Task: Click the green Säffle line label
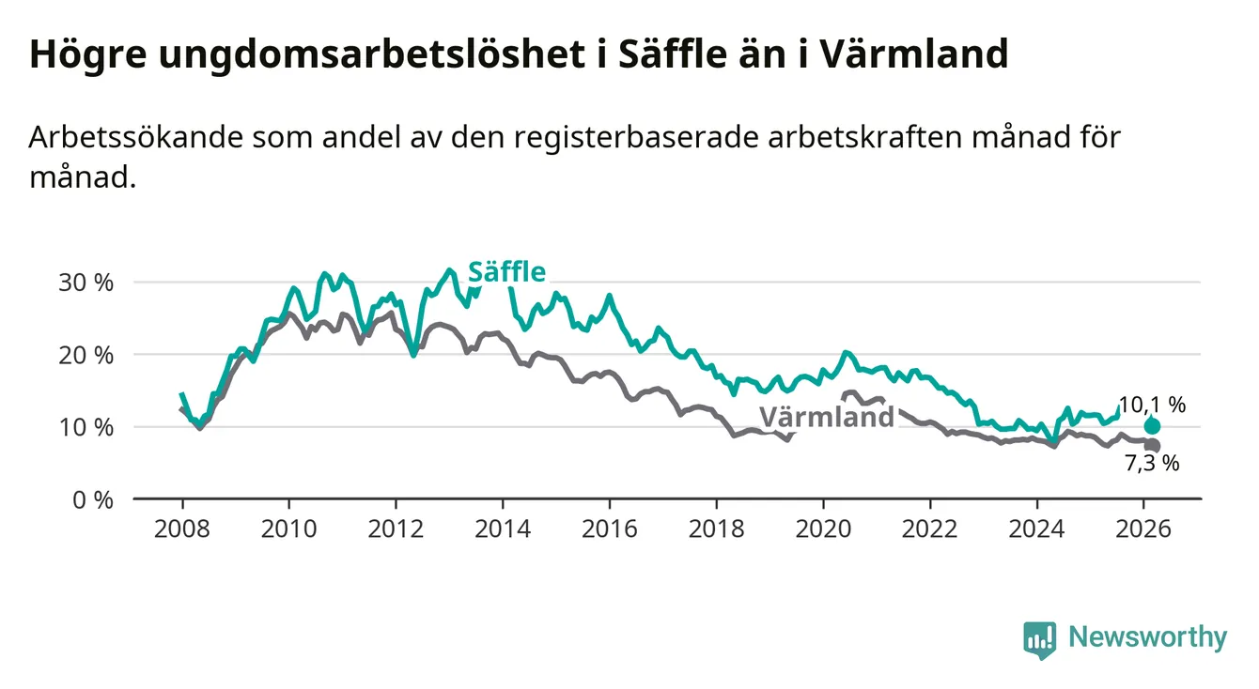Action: pyautogui.click(x=507, y=272)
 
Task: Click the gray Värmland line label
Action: pyautogui.click(x=827, y=417)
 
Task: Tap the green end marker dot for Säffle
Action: pyautogui.click(x=1152, y=426)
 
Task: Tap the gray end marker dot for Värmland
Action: pyautogui.click(x=1152, y=445)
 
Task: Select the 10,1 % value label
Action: pyautogui.click(x=1152, y=406)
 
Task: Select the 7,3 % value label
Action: pyautogui.click(x=1152, y=463)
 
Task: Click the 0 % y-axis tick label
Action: pyautogui.click(x=92, y=499)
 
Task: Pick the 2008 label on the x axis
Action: pyautogui.click(x=182, y=528)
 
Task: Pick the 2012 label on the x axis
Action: pyautogui.click(x=396, y=528)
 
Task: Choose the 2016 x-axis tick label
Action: pyautogui.click(x=610, y=528)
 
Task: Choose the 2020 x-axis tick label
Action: pyautogui.click(x=823, y=528)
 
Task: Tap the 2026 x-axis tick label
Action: pyautogui.click(x=1143, y=528)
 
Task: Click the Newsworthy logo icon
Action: pyautogui.click(x=1039, y=639)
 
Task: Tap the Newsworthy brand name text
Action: pyautogui.click(x=1147, y=638)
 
